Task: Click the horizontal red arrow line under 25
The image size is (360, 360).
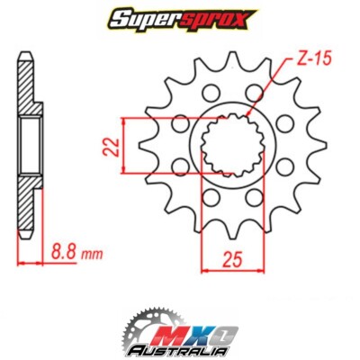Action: click(230, 269)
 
